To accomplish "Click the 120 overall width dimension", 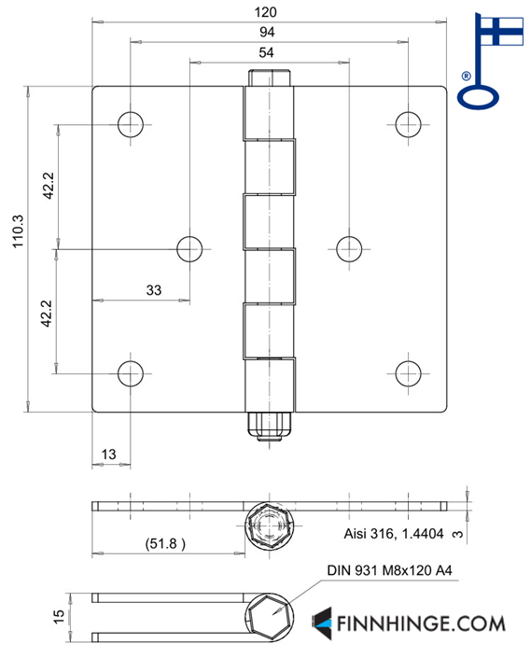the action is coord(265,12).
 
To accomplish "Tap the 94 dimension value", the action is coord(267,32).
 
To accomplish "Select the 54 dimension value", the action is coord(266,52).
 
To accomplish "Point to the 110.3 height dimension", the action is coord(18,231).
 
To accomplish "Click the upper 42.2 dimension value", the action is coord(49,186).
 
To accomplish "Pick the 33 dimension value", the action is coord(153,290).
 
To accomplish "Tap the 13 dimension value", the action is coord(108,454).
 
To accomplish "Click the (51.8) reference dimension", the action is coord(165,544).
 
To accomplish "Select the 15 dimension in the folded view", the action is coord(59,616).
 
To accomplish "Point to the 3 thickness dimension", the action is coord(457,534).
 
